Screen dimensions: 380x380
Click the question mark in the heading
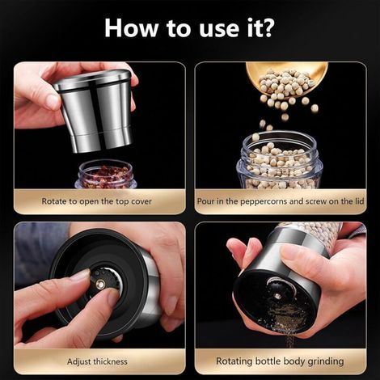click(x=266, y=27)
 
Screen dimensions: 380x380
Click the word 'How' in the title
click(x=131, y=27)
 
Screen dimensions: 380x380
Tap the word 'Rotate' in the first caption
click(x=54, y=201)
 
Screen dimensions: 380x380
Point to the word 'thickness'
click(x=110, y=361)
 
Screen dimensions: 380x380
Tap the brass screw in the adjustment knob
click(x=101, y=283)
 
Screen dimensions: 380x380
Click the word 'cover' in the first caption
click(x=141, y=201)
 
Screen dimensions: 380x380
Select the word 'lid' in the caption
click(x=360, y=201)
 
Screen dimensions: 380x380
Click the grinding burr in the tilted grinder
click(x=277, y=293)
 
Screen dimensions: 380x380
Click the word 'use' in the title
click(x=219, y=30)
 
